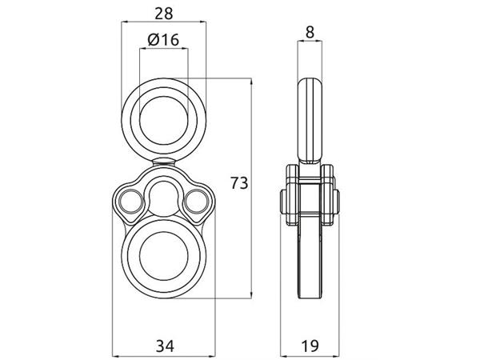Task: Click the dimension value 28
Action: [x=164, y=14]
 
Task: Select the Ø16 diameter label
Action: [x=163, y=39]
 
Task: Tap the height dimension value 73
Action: [x=239, y=183]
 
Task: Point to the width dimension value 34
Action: [x=165, y=346]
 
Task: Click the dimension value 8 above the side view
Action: [x=310, y=32]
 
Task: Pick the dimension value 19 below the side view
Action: [x=310, y=346]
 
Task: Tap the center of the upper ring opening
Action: [x=164, y=121]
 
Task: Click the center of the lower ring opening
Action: [x=164, y=256]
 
